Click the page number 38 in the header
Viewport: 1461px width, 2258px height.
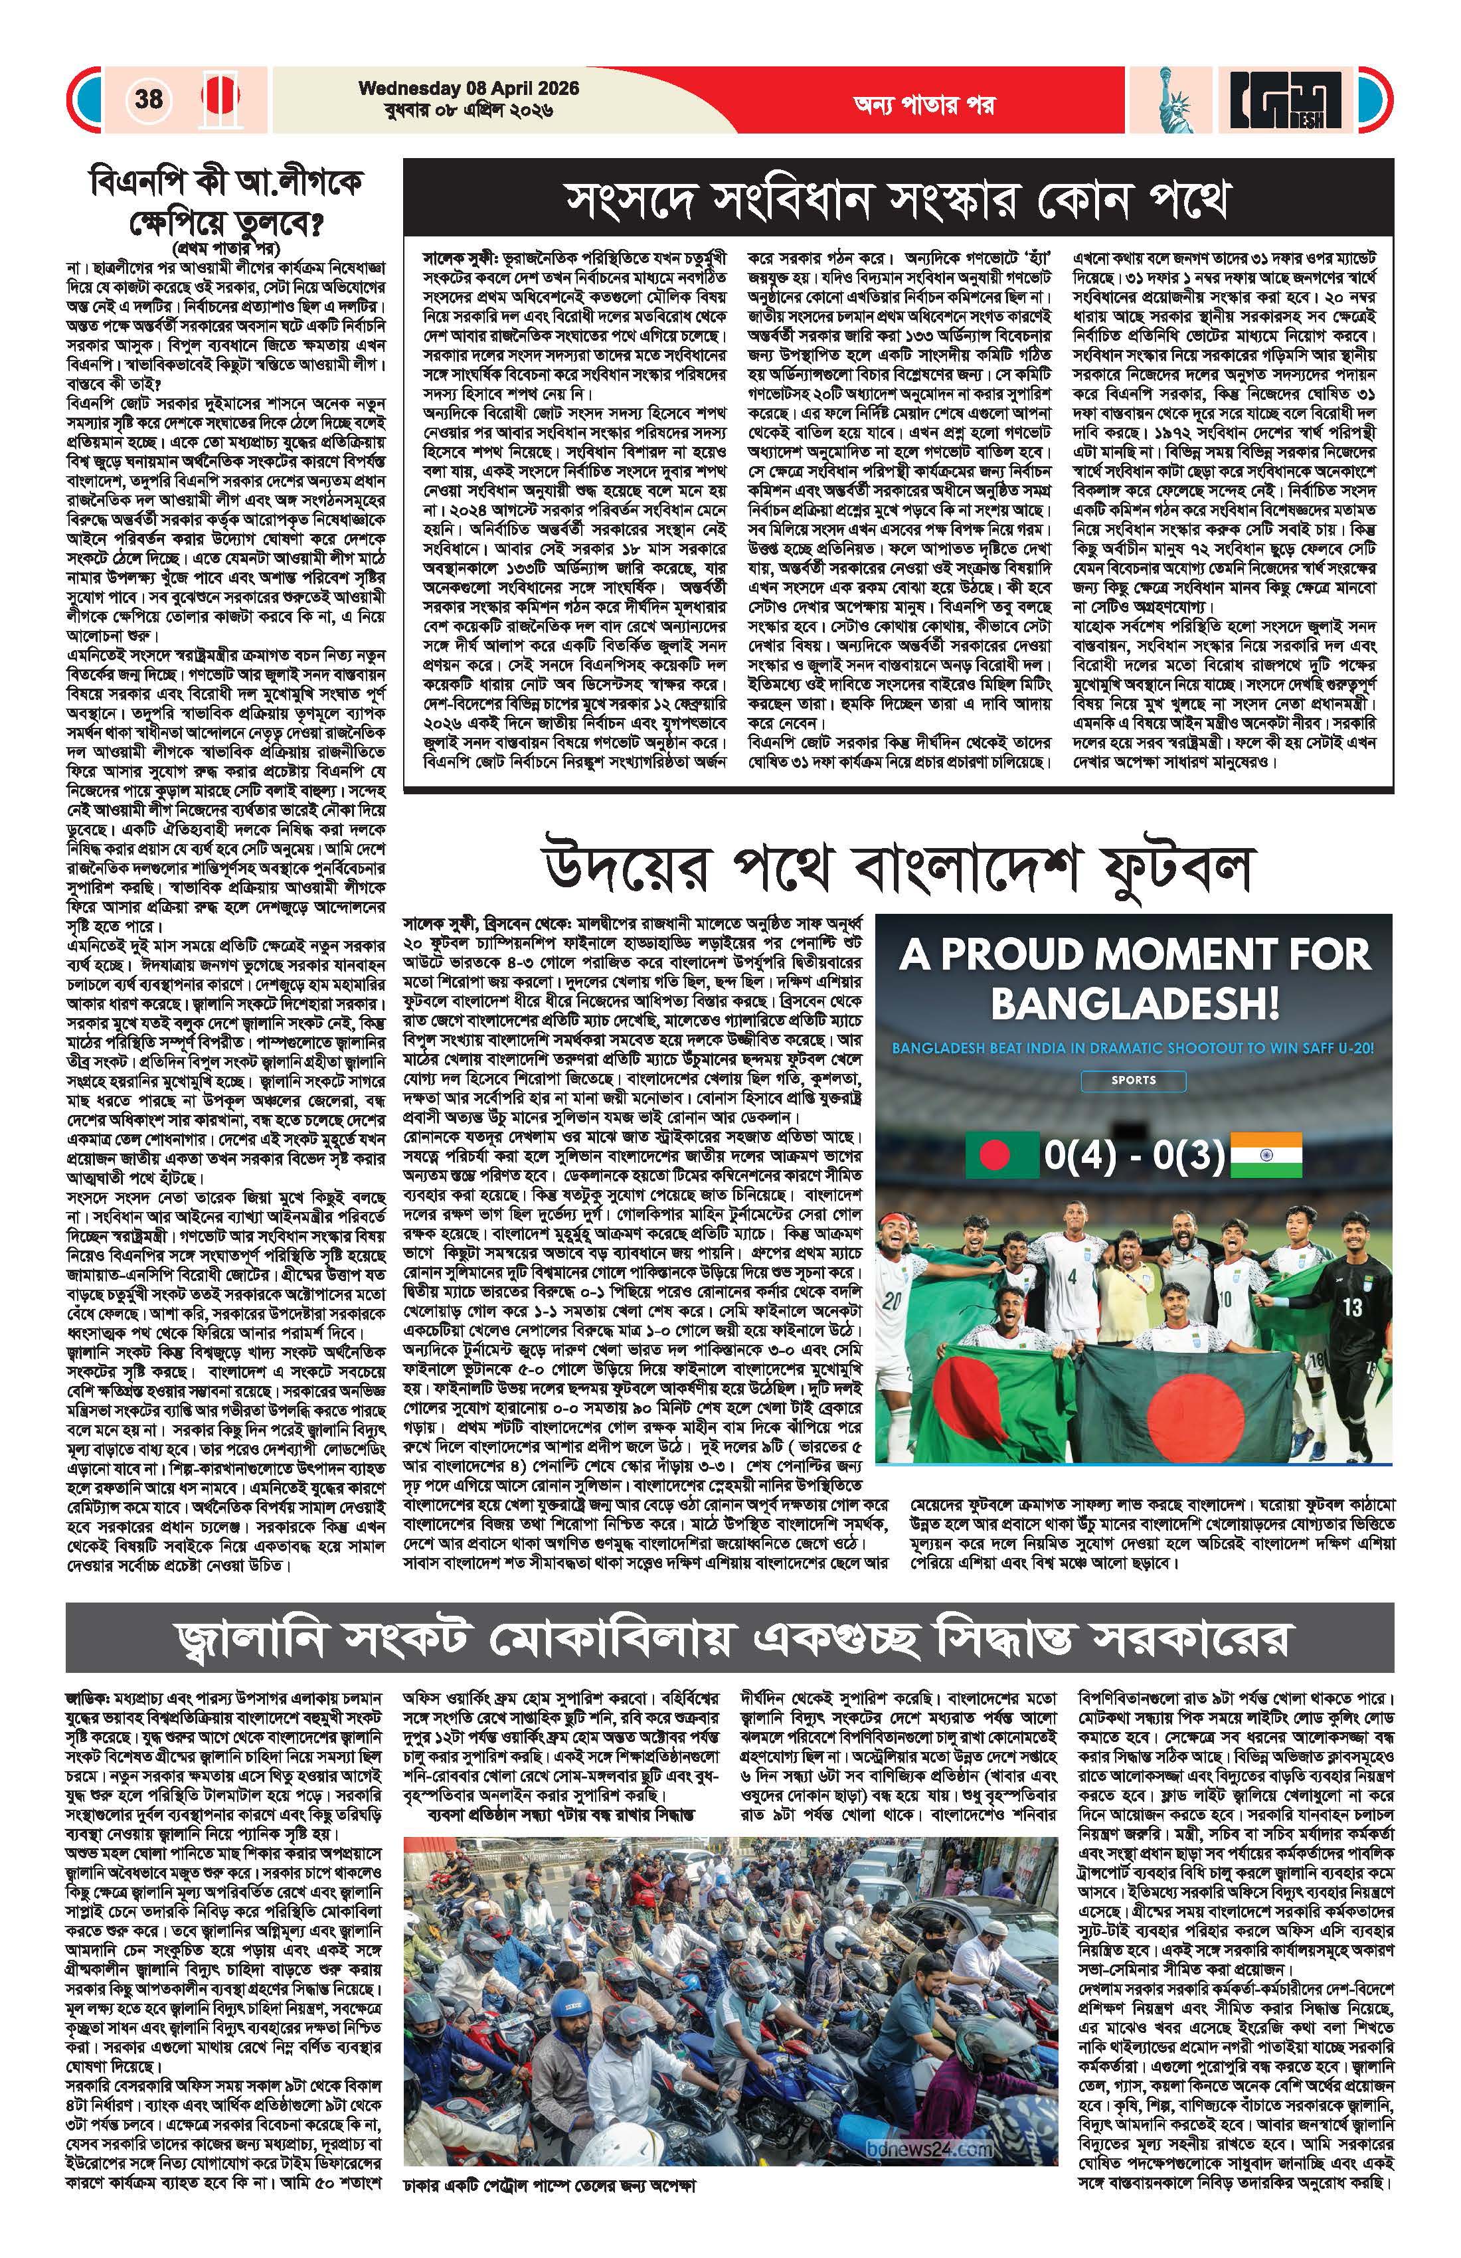pyautogui.click(x=149, y=99)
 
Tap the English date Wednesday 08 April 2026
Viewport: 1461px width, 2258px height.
pyautogui.click(x=469, y=88)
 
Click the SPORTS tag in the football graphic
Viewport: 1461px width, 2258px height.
pyautogui.click(x=1134, y=1080)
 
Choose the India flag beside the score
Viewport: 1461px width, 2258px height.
pyautogui.click(x=1266, y=1155)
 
